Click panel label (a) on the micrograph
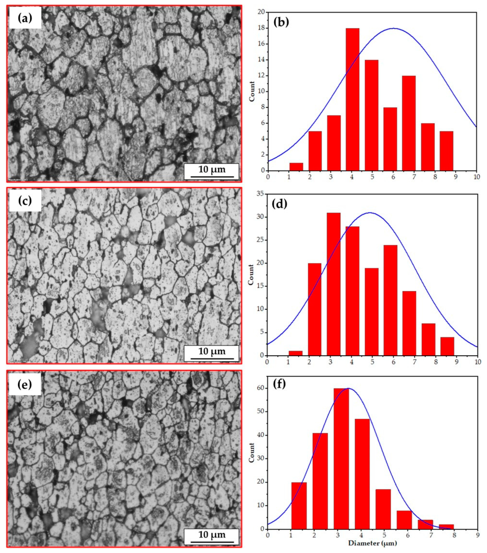coord(25,18)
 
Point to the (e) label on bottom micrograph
coord(25,384)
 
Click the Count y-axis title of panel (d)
coord(251,275)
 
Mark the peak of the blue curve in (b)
coord(394,28)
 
